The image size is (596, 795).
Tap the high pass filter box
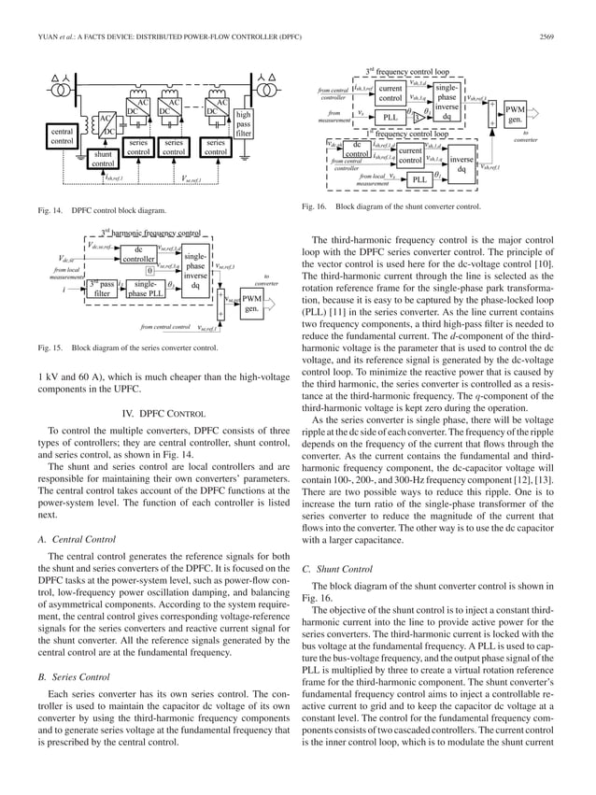coord(244,125)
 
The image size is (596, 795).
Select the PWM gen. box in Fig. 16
coord(514,115)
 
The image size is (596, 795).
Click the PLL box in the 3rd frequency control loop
coord(390,118)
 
